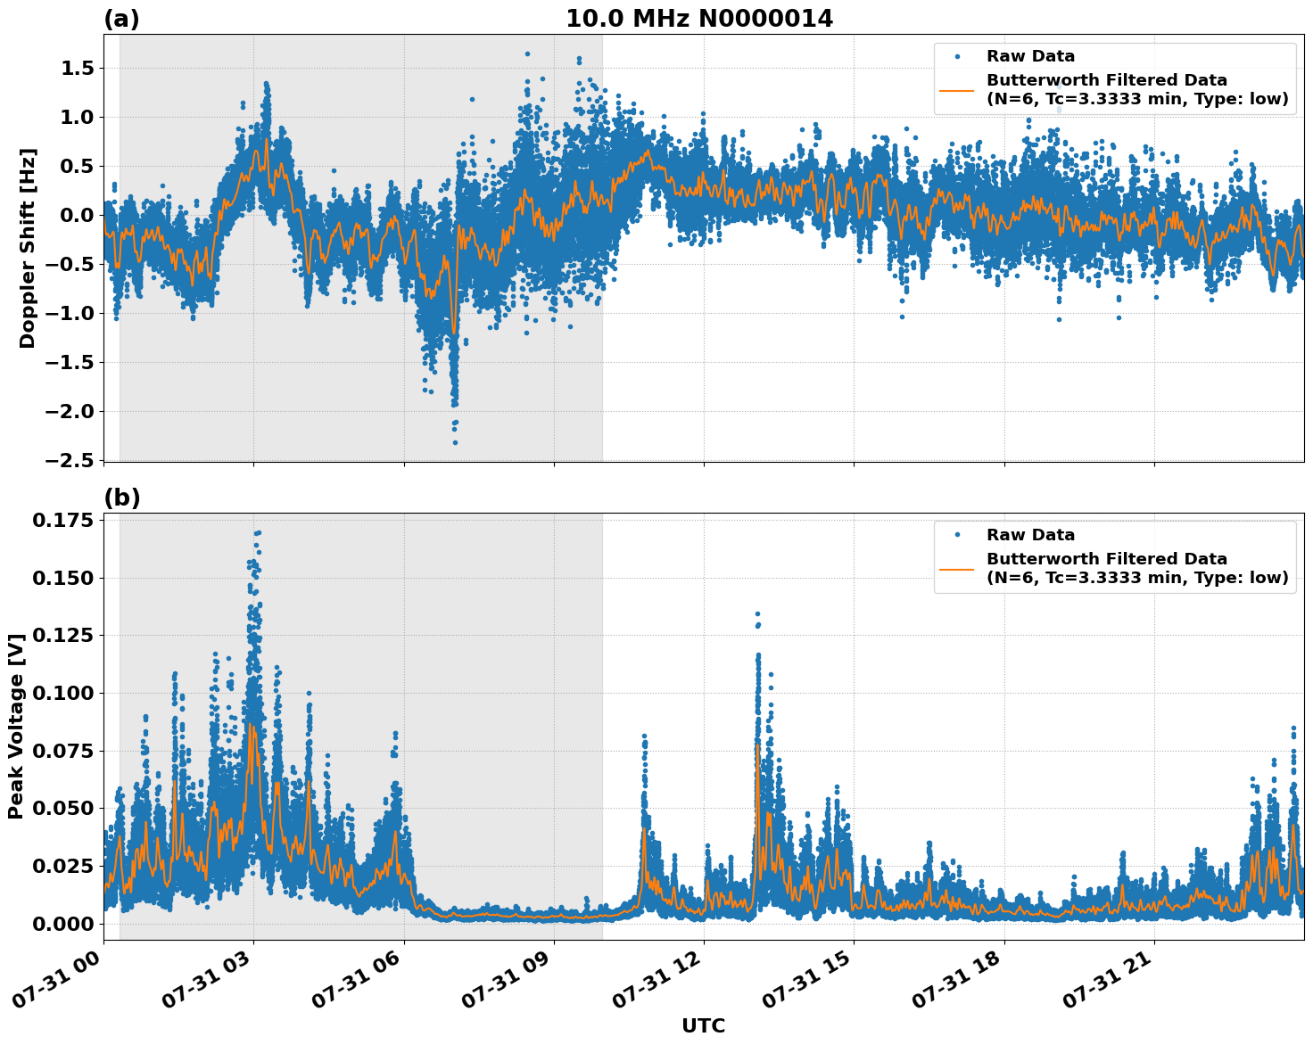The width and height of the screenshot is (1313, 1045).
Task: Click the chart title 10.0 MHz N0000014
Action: [x=698, y=19]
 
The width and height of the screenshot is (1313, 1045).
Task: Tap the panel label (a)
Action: [x=121, y=19]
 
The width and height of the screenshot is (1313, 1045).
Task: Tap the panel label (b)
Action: [x=121, y=498]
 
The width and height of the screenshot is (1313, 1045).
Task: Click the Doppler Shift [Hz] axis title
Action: [x=28, y=248]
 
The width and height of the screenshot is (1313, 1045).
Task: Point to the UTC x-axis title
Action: [x=703, y=1025]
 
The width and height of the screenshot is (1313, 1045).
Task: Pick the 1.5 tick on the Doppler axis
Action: [x=80, y=69]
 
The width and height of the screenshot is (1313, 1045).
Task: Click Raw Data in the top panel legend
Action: [x=1030, y=56]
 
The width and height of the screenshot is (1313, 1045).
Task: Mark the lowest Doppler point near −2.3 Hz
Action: [x=455, y=442]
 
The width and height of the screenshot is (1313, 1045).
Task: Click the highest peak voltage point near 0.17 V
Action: [x=258, y=532]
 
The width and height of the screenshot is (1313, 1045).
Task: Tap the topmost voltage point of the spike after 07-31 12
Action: [x=757, y=614]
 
